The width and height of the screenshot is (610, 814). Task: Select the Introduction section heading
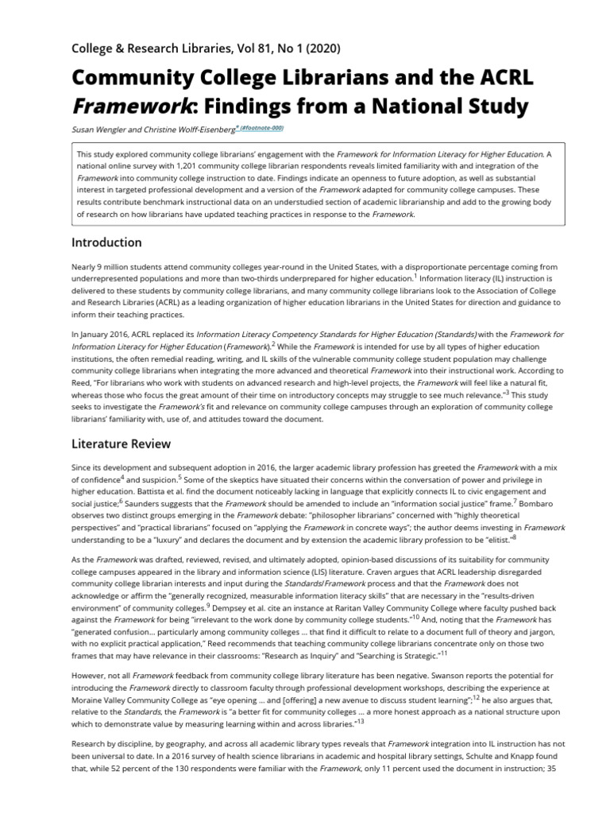[106, 242]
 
